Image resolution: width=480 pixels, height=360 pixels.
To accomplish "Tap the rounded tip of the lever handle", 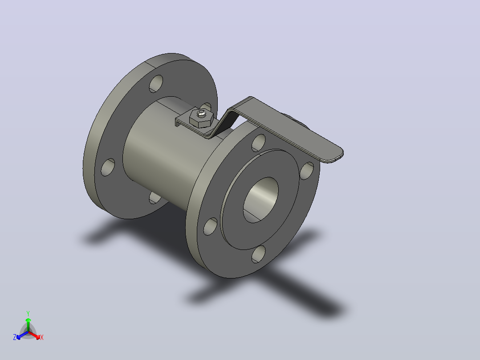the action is click(336, 155).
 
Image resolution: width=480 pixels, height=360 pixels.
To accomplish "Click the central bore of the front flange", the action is click(261, 200).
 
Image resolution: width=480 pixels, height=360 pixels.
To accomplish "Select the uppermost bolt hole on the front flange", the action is click(258, 143).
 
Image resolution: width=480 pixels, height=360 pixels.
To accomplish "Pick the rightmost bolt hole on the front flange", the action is click(307, 171).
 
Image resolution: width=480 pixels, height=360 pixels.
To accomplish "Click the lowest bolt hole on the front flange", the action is click(259, 254).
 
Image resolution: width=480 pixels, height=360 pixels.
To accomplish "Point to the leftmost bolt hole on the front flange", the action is click(210, 226).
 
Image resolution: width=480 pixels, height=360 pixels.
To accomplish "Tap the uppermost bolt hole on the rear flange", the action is click(156, 84).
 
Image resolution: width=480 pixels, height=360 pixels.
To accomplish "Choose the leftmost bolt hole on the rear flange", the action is click(108, 167).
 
